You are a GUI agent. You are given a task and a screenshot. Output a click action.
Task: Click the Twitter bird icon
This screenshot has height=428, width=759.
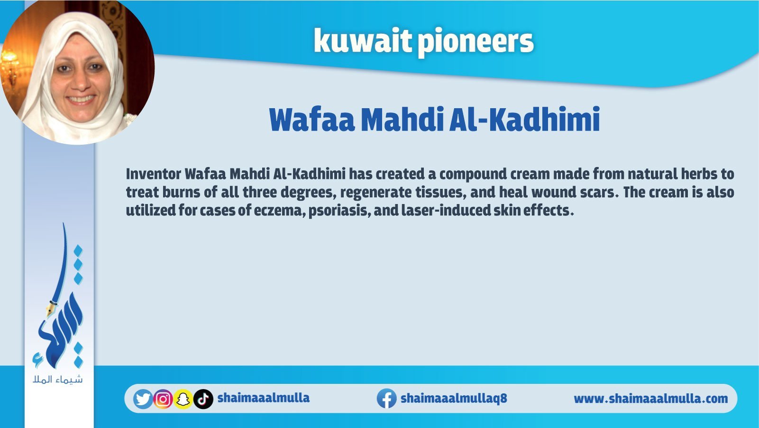[143, 399]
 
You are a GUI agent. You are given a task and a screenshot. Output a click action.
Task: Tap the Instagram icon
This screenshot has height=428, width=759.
[163, 399]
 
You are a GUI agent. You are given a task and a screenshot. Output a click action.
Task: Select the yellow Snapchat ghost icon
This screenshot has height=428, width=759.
[183, 399]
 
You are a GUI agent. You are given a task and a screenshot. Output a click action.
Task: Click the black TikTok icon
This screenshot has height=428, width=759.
[203, 399]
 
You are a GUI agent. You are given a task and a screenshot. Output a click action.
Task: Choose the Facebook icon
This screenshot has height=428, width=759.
[387, 399]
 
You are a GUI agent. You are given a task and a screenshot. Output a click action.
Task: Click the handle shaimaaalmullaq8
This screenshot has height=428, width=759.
[454, 398]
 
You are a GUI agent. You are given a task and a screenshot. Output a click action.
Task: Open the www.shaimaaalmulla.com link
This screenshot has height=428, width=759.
[650, 399]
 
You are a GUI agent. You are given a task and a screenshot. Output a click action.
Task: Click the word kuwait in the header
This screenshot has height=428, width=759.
[362, 41]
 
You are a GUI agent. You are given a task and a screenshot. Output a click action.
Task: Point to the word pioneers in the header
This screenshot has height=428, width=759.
[476, 43]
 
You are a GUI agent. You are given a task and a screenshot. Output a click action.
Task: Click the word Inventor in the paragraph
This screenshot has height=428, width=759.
[154, 174]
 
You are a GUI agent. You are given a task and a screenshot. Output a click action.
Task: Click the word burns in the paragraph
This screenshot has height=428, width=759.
[181, 192]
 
